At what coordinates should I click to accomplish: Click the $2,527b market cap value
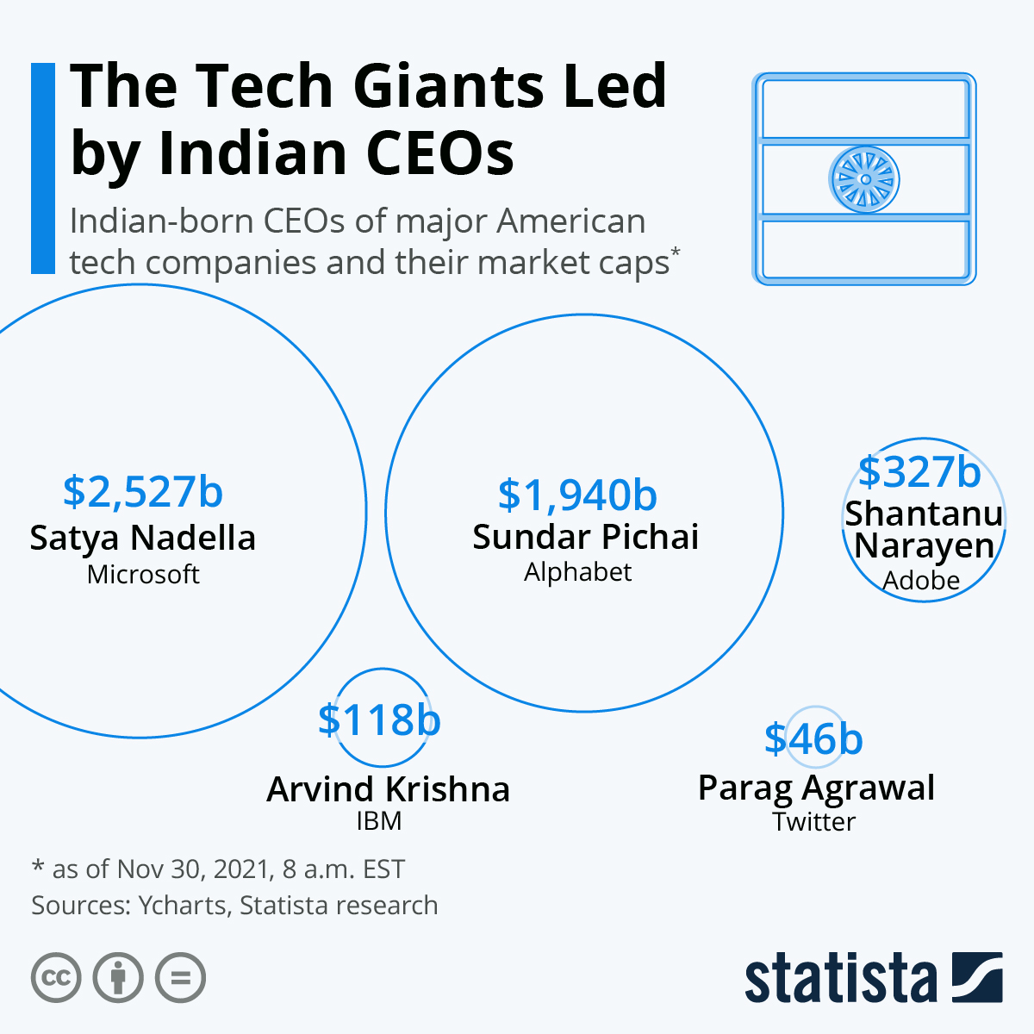[143, 492]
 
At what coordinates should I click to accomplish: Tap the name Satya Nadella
[143, 539]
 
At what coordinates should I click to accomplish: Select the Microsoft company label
[143, 575]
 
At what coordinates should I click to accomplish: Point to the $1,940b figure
[577, 495]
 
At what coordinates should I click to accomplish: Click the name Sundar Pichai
[585, 537]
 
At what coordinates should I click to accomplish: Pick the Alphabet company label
[577, 572]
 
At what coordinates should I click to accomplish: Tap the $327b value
[919, 471]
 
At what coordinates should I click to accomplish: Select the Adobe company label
[921, 581]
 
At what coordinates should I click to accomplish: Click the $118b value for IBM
[379, 719]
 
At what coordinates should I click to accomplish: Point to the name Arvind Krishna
[388, 789]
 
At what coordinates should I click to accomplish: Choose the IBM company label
[379, 821]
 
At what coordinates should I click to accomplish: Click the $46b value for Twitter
[813, 739]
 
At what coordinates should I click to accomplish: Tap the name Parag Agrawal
[816, 788]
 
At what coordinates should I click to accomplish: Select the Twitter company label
[813, 822]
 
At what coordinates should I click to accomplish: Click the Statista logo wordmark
[840, 978]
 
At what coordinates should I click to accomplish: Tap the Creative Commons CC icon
[56, 978]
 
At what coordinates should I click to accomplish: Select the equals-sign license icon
[180, 978]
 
